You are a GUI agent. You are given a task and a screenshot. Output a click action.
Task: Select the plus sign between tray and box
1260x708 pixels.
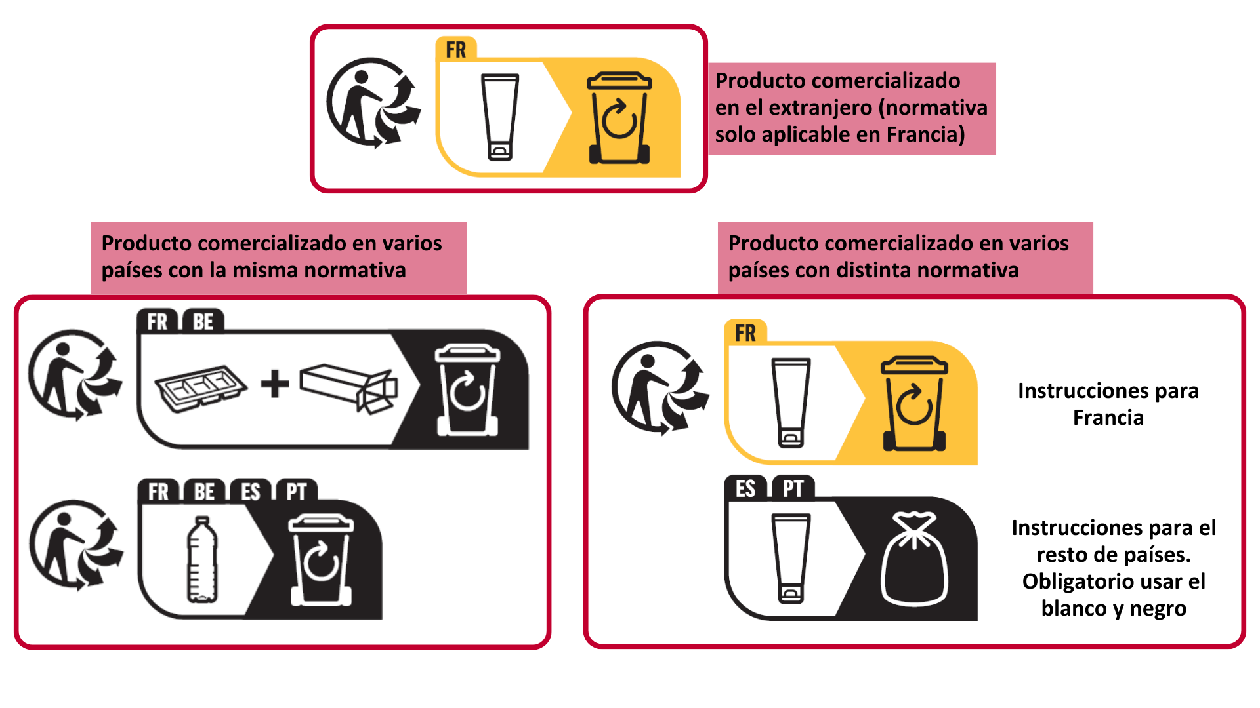click(x=275, y=384)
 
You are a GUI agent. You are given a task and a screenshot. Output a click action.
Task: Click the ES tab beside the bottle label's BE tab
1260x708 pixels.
click(x=250, y=492)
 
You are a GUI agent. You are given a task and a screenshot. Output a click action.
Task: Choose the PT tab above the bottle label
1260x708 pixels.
click(x=296, y=492)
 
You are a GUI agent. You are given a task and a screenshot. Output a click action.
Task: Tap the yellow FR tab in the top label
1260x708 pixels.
click(x=456, y=50)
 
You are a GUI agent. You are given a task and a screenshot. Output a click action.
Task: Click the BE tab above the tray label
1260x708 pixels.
click(x=203, y=322)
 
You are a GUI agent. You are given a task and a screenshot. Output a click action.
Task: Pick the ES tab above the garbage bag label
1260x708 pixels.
click(x=745, y=489)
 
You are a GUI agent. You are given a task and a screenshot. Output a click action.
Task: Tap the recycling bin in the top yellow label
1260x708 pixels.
click(x=619, y=118)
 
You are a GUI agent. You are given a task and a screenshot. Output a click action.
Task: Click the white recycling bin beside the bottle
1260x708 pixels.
click(x=321, y=560)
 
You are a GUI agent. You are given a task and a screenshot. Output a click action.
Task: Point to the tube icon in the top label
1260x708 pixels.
click(x=500, y=117)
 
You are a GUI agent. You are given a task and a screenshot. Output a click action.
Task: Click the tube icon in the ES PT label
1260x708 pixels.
click(x=791, y=559)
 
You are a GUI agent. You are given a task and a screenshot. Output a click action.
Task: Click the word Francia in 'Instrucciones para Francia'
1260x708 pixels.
click(x=1108, y=418)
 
